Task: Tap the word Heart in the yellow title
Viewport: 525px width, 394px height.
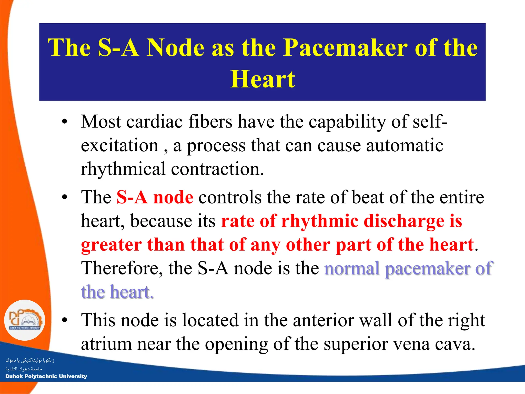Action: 262,79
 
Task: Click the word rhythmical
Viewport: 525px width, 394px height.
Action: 123,169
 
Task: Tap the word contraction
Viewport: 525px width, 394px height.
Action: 217,169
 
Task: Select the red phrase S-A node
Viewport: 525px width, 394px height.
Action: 155,197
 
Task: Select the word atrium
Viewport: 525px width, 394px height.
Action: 106,344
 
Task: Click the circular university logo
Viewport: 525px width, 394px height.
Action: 25,320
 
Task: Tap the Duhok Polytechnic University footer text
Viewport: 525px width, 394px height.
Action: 46,376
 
